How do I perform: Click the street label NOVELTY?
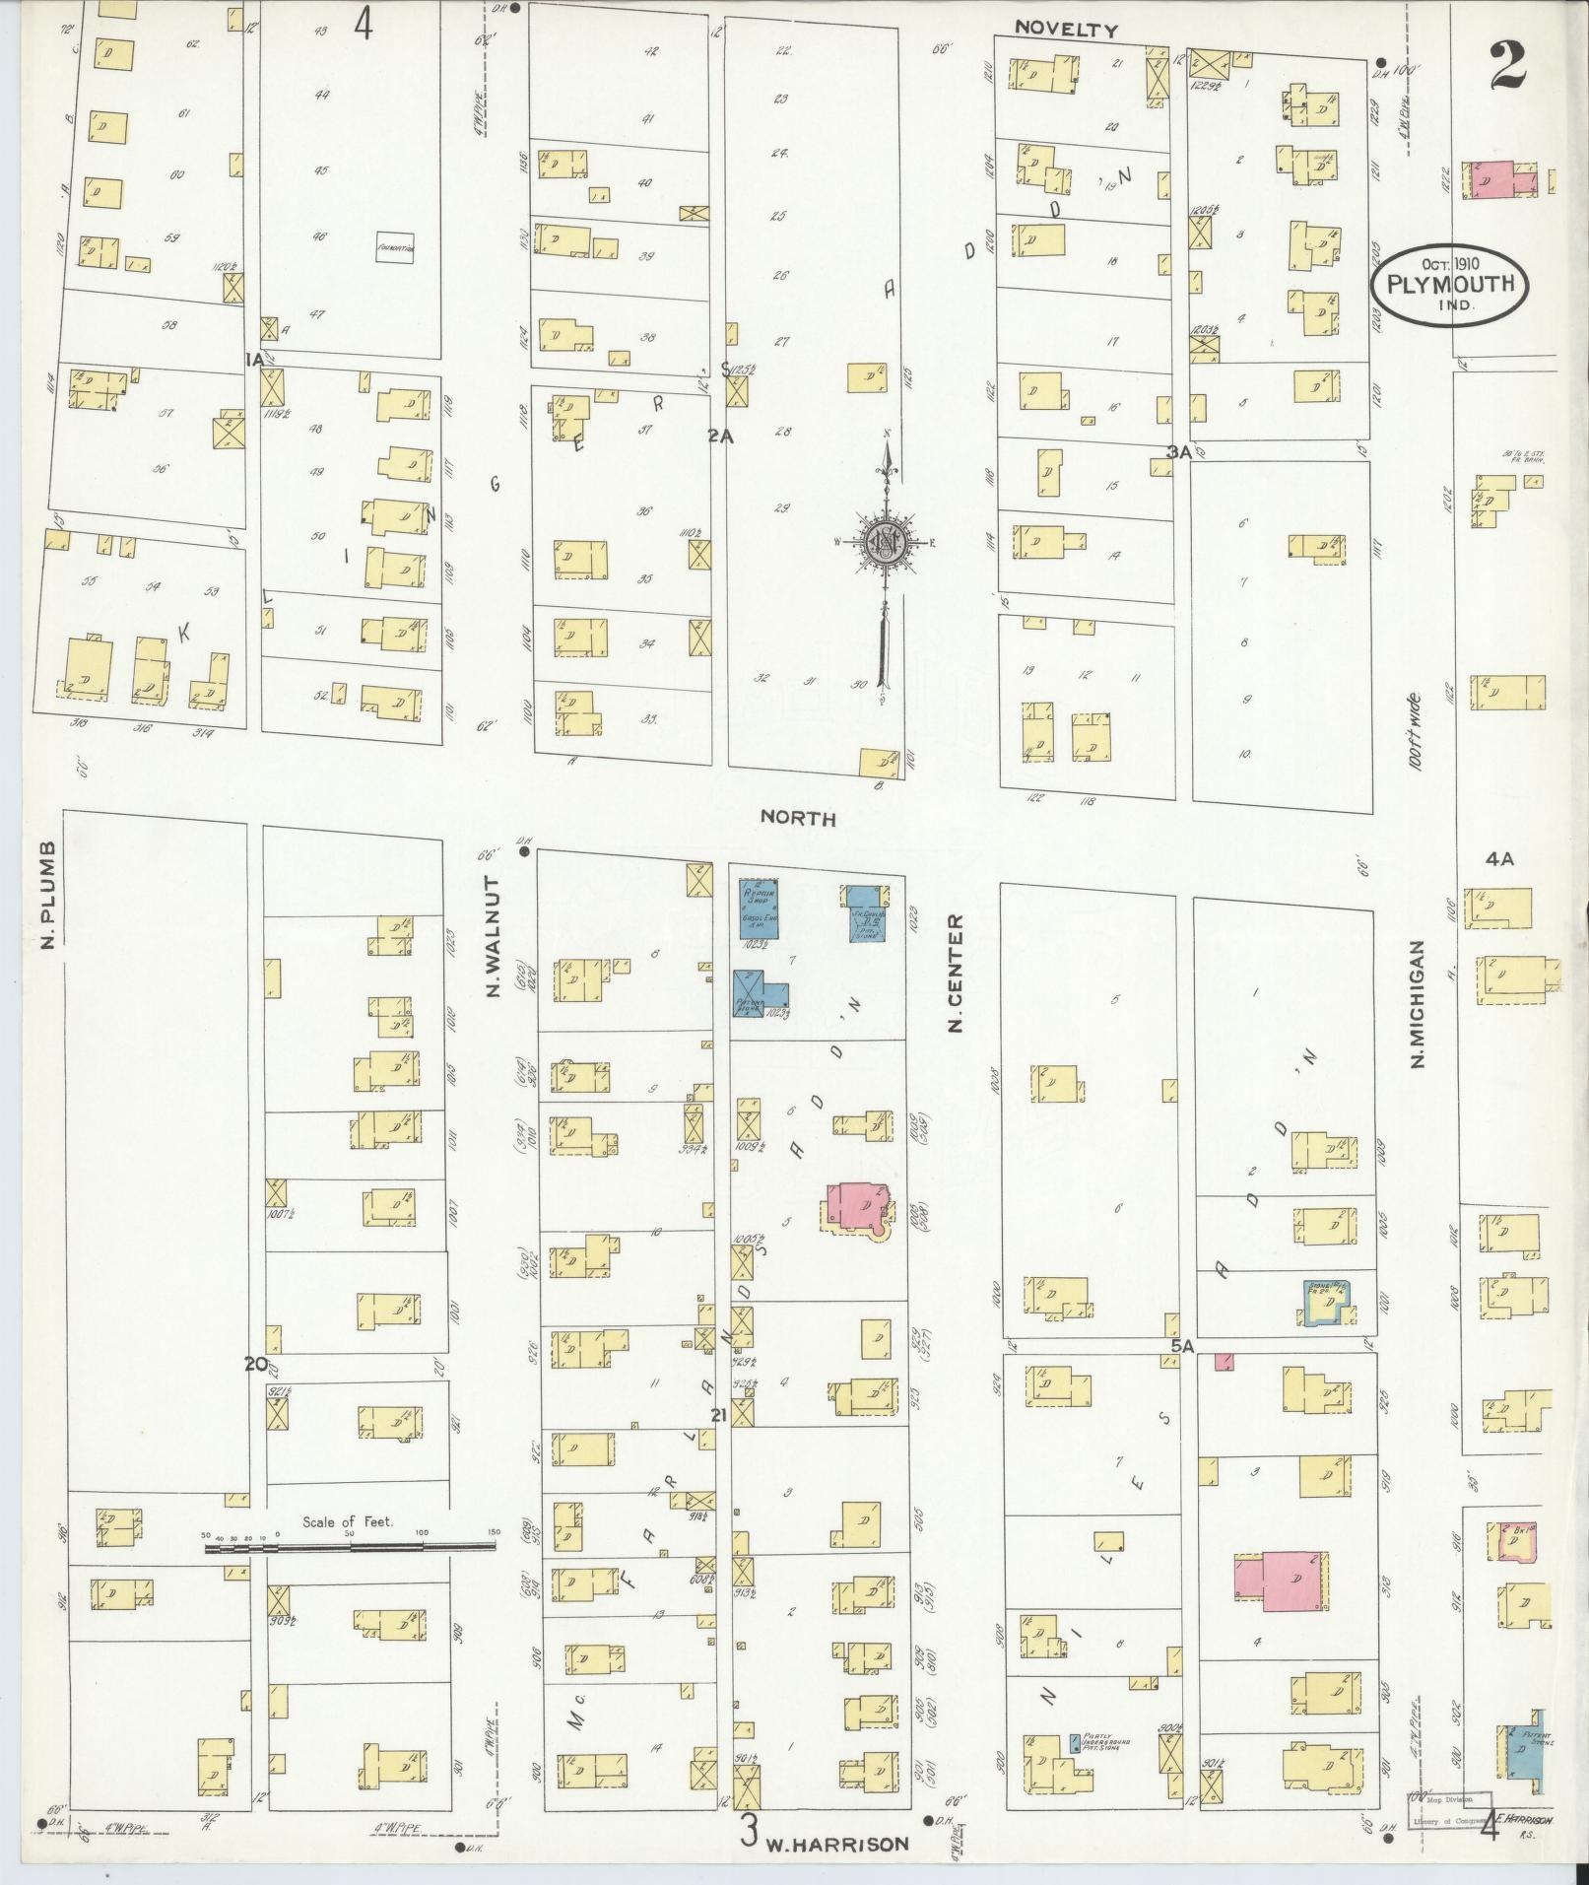pos(1067,30)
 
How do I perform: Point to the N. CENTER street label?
pos(955,973)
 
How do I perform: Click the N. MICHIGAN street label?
pos(1418,1002)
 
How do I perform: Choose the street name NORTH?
pos(798,818)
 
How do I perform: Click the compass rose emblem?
pos(886,541)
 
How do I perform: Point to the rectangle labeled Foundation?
pos(396,248)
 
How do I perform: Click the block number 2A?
pos(719,435)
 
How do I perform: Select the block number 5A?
pos(1181,1344)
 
